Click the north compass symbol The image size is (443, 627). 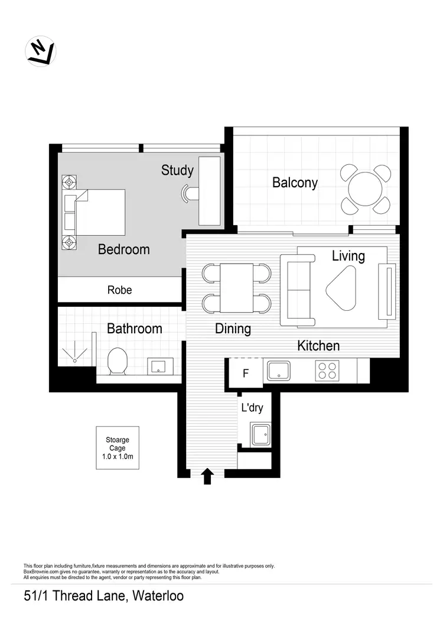tap(41, 51)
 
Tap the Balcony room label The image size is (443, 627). tap(295, 183)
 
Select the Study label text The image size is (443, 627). tap(177, 170)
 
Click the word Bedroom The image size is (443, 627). tap(123, 249)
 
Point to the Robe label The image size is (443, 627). tap(119, 290)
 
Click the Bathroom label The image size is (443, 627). tap(134, 329)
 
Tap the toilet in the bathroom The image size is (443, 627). tap(118, 361)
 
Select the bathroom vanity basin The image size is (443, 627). tap(159, 366)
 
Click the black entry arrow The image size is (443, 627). tap(207, 476)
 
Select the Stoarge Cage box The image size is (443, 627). tap(118, 448)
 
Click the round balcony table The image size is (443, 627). tap(366, 190)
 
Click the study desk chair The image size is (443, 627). tap(188, 193)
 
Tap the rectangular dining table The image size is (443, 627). tap(237, 287)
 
